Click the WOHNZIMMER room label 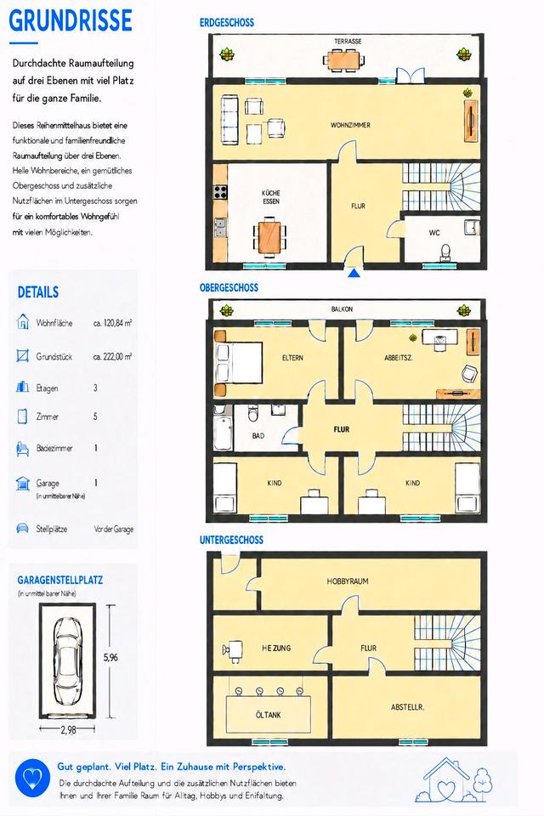tap(350, 125)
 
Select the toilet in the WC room tap(445, 252)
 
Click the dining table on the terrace tap(343, 59)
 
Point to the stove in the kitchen tap(221, 191)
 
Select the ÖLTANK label tap(268, 715)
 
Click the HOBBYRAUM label tap(348, 581)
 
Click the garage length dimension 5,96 tap(110, 657)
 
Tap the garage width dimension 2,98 tap(68, 730)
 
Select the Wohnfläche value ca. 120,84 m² tap(112, 323)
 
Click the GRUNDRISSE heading tap(71, 20)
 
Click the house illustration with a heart tap(453, 779)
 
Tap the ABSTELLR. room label tap(408, 707)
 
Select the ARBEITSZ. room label tap(399, 358)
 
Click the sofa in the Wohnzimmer tap(229, 120)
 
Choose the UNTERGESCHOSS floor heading tap(232, 541)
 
